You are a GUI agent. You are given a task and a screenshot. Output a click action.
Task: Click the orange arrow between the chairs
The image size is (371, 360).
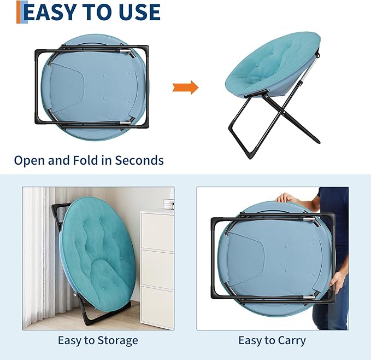(x=185, y=88)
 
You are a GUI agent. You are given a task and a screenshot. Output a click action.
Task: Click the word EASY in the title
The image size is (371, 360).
(x=50, y=12)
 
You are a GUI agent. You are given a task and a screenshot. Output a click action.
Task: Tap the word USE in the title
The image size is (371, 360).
(x=140, y=12)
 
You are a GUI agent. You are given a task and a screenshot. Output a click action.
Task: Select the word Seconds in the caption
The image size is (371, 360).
(x=139, y=160)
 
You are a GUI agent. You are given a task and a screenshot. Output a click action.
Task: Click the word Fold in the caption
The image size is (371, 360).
(x=85, y=160)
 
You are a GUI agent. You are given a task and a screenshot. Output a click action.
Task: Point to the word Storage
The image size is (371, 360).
(x=117, y=341)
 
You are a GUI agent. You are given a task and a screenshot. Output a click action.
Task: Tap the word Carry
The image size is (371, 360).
(x=292, y=341)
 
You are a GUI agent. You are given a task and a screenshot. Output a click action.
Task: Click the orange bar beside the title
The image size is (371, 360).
(x=19, y=12)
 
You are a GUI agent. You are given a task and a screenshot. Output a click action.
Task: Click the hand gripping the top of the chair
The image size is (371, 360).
(x=286, y=198)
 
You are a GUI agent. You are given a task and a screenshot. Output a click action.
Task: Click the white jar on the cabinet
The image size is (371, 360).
(x=169, y=204)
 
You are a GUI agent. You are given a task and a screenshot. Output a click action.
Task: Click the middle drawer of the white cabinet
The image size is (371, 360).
(x=157, y=268)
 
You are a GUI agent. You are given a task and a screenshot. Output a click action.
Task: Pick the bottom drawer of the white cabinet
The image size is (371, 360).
(x=157, y=307)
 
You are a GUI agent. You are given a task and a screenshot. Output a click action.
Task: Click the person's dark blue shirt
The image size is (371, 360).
(x=336, y=223)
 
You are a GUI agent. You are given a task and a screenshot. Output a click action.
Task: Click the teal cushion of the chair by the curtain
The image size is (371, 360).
(x=97, y=251)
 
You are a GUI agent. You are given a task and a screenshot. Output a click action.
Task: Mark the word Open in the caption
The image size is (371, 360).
(x=30, y=161)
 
